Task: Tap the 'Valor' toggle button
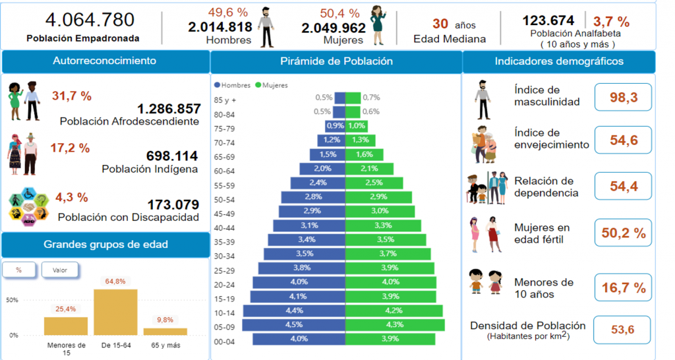click(59, 270)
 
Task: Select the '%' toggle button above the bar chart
click(18, 270)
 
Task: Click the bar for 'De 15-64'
click(115, 312)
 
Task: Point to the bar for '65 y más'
click(165, 331)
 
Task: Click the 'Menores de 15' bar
click(66, 326)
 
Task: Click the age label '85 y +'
click(225, 100)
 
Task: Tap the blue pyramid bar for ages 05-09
click(294, 324)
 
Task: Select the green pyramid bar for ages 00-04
click(390, 339)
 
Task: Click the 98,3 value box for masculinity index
click(623, 98)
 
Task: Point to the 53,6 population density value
click(622, 330)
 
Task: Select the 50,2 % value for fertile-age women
click(623, 233)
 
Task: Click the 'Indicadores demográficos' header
click(559, 62)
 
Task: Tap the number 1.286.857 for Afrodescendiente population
click(169, 109)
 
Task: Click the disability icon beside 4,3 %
click(26, 205)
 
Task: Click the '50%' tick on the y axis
click(12, 300)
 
